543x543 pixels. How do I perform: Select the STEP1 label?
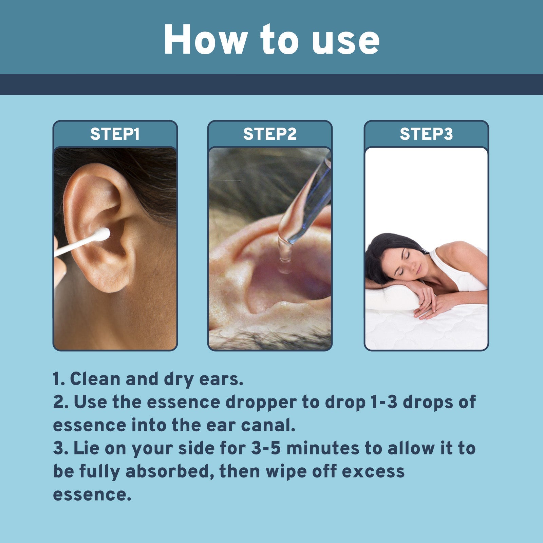(115, 134)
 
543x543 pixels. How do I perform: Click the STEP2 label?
(270, 134)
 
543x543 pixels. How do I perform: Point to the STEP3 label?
(426, 134)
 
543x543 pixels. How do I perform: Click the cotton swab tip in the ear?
(102, 234)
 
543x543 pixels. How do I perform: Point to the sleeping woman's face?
(406, 261)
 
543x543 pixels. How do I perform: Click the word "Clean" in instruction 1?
(95, 379)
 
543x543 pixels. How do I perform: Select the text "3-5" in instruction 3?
(266, 448)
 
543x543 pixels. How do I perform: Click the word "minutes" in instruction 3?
(323, 448)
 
